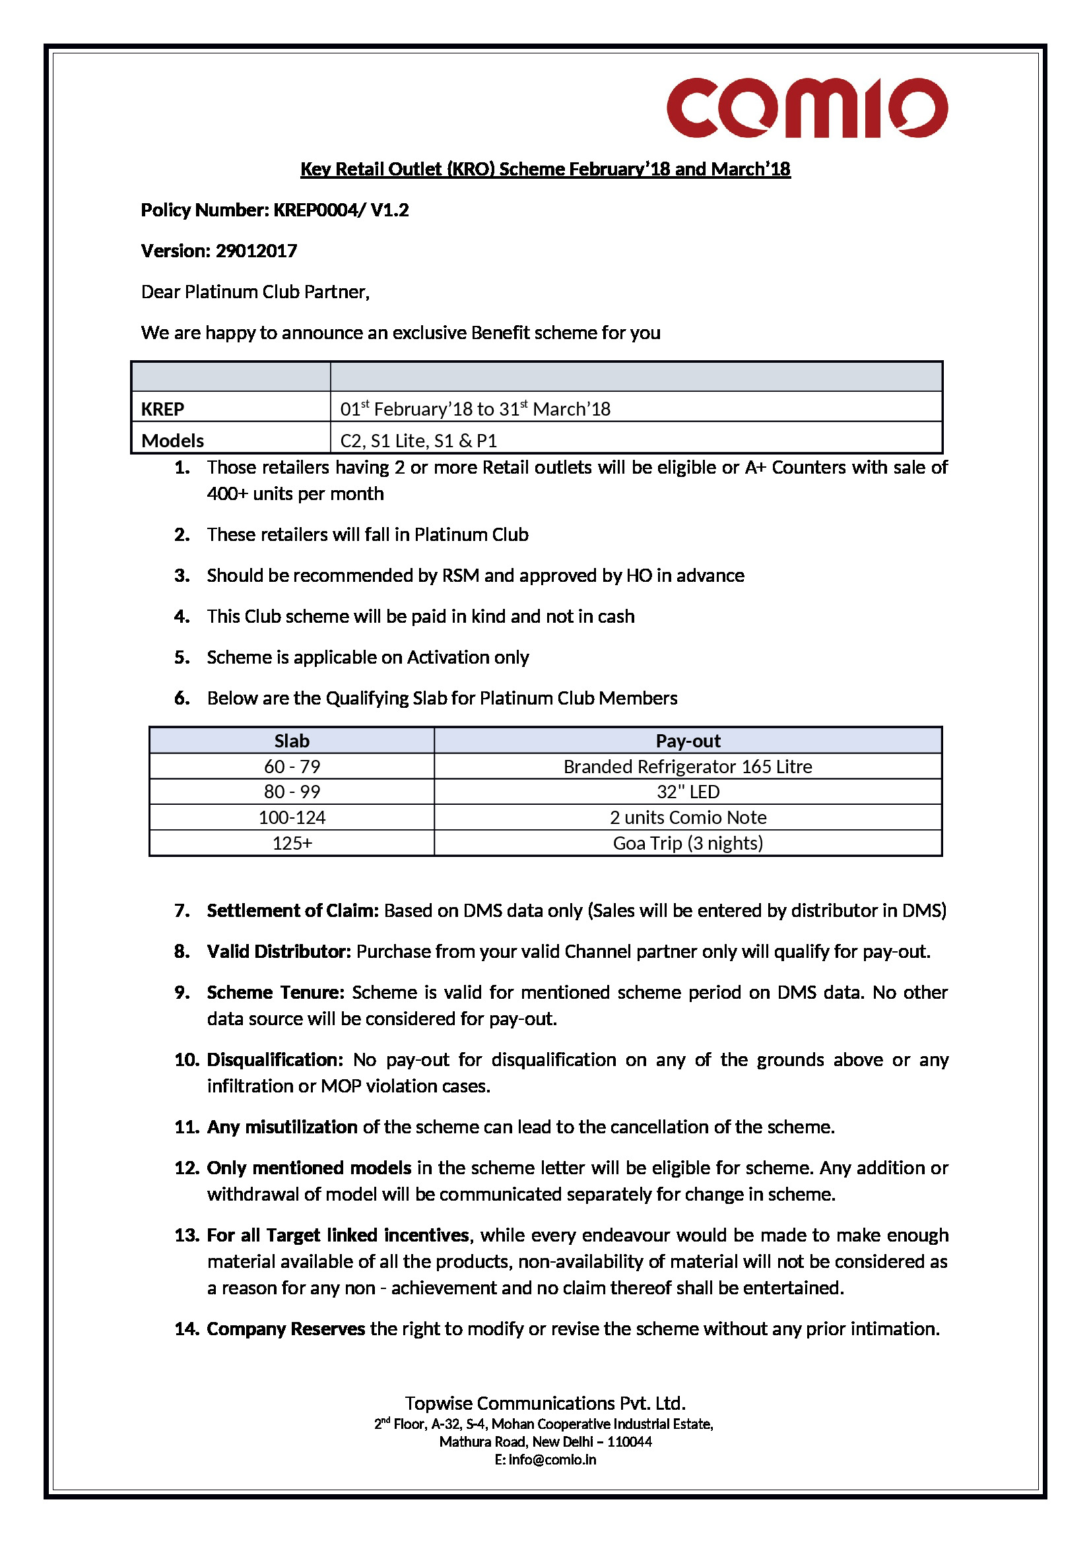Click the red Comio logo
(807, 108)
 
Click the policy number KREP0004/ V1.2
(341, 210)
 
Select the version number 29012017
(256, 251)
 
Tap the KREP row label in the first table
(162, 408)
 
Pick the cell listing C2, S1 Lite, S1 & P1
(418, 441)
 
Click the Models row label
(173, 441)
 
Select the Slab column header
(292, 741)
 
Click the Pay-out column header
(688, 741)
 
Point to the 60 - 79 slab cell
(292, 766)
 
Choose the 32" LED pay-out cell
(688, 792)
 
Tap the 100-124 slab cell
(292, 817)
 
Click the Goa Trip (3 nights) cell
(688, 842)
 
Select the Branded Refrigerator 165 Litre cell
(688, 766)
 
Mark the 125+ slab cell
(292, 842)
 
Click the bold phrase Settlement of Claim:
(293, 910)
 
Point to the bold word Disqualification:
(275, 1060)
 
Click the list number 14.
(187, 1329)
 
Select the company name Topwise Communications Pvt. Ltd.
(545, 1403)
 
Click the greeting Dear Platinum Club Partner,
(255, 292)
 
